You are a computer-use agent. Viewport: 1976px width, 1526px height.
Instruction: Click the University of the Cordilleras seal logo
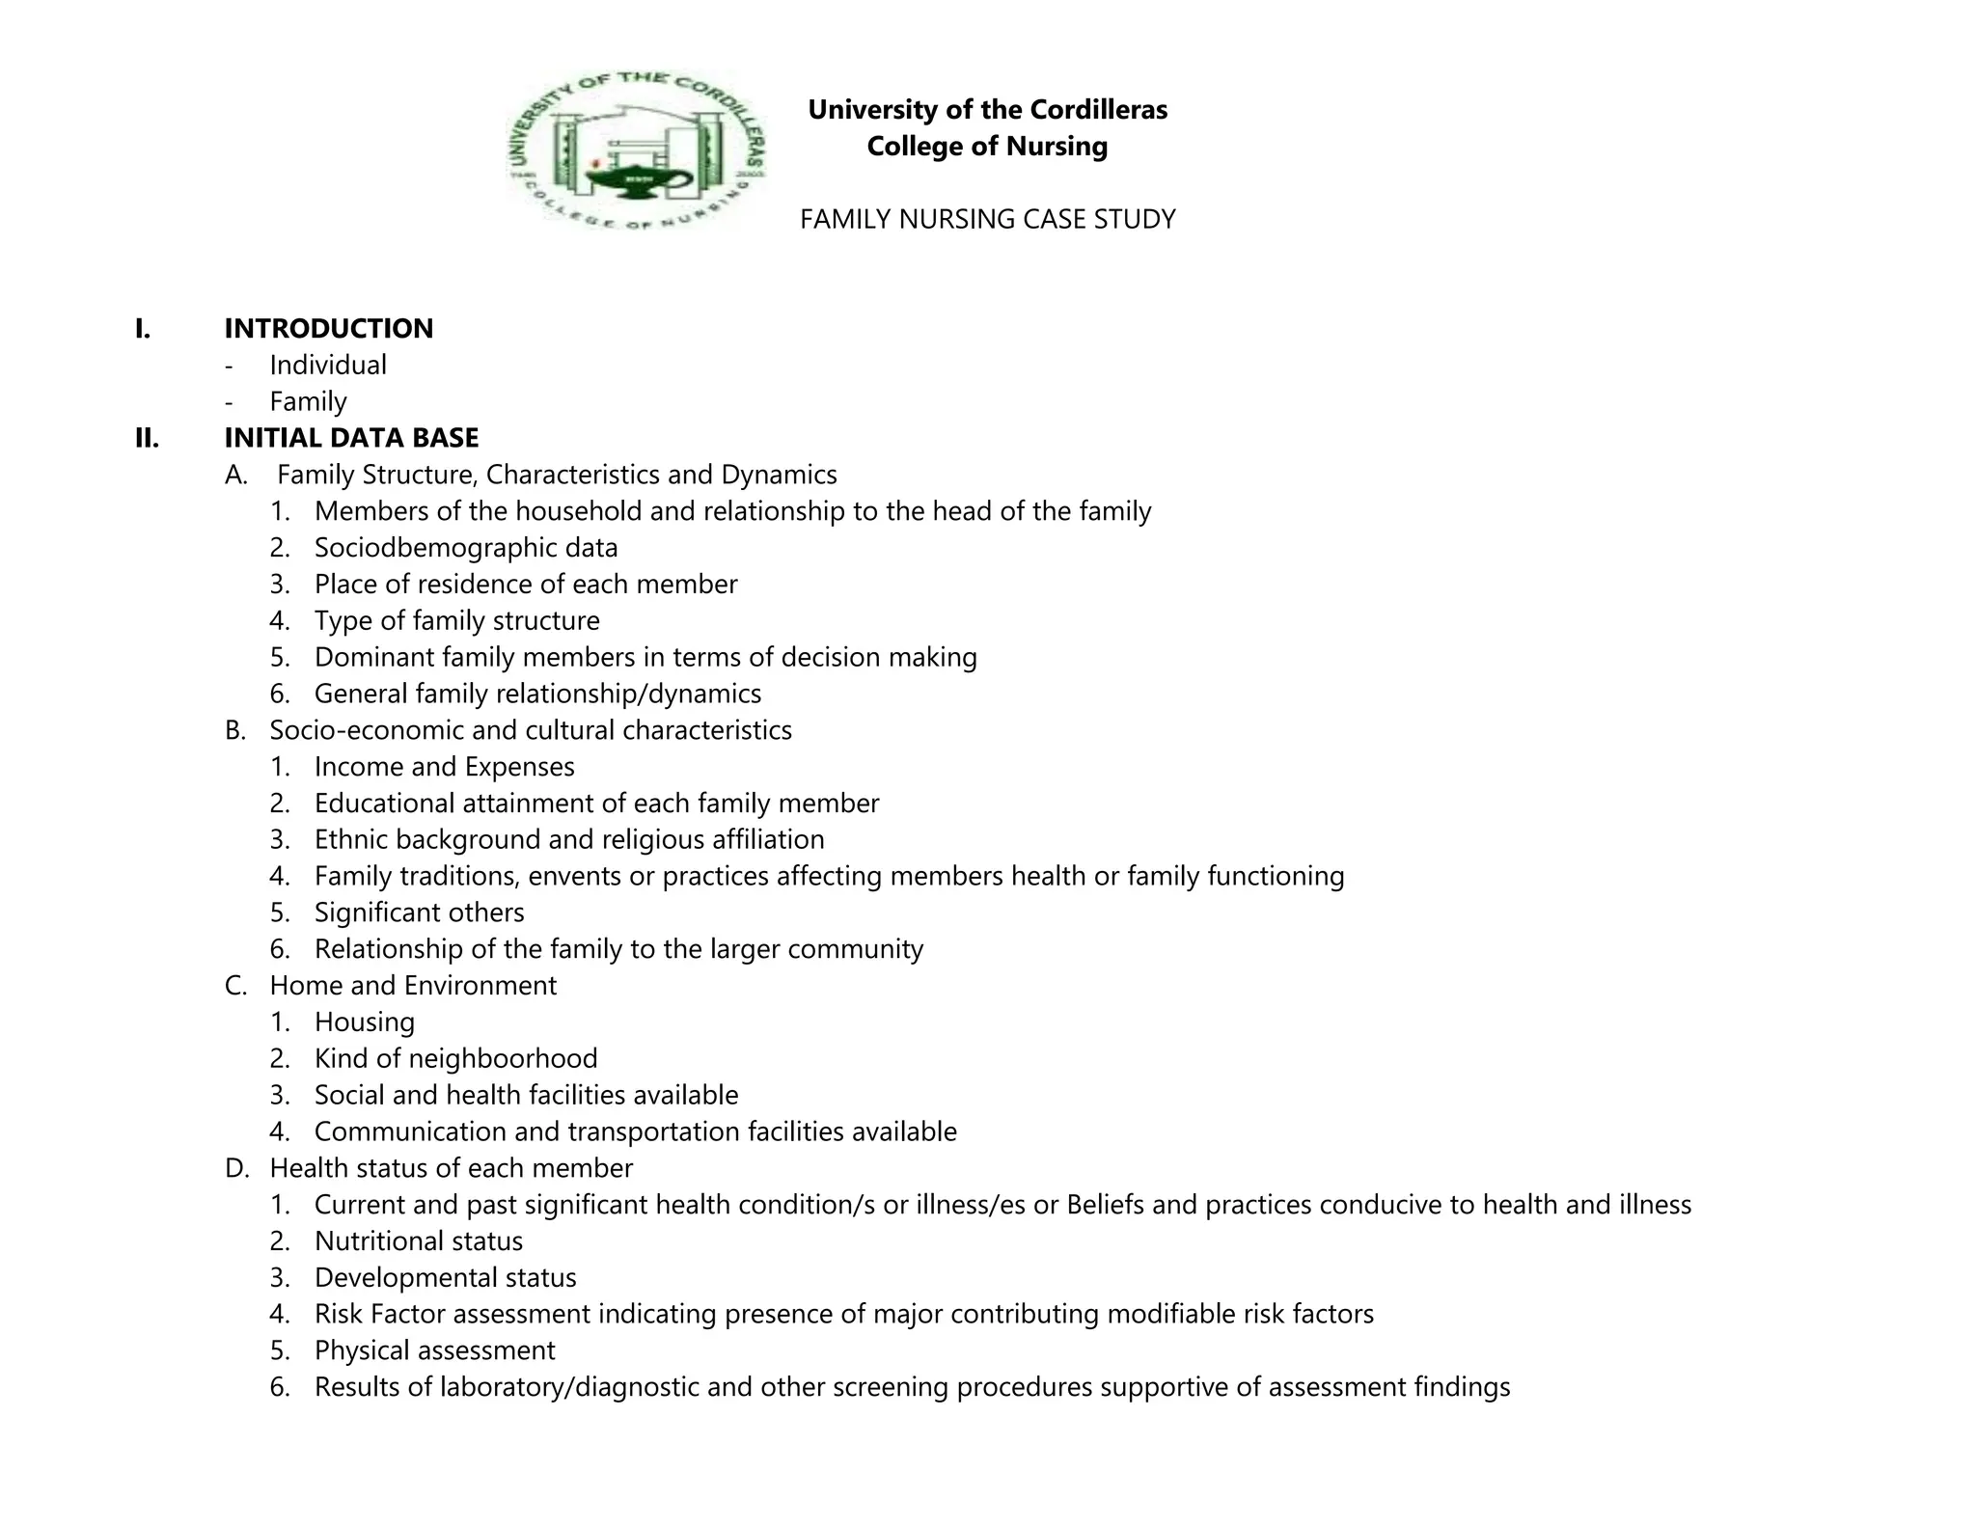(637, 150)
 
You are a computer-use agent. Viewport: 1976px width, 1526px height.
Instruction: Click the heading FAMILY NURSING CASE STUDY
(987, 220)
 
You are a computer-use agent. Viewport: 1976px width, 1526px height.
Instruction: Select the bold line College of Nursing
(987, 147)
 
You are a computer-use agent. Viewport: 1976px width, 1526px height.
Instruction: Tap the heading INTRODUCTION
(328, 329)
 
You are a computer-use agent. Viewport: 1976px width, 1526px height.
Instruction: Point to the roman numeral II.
(147, 439)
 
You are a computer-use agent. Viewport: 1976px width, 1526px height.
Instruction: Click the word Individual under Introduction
(328, 366)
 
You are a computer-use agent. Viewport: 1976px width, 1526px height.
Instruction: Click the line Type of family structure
(456, 621)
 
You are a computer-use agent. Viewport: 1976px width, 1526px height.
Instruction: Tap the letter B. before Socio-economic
(235, 731)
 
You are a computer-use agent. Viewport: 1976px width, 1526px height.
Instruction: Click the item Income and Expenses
(444, 767)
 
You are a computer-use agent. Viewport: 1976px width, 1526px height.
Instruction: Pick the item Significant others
(419, 913)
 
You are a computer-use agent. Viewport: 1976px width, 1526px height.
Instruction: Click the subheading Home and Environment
(413, 986)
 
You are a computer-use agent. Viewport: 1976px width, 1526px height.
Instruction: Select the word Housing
(365, 1022)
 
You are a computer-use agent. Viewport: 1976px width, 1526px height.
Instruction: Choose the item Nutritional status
(418, 1241)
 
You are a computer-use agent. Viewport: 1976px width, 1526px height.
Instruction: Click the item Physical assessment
(434, 1351)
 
